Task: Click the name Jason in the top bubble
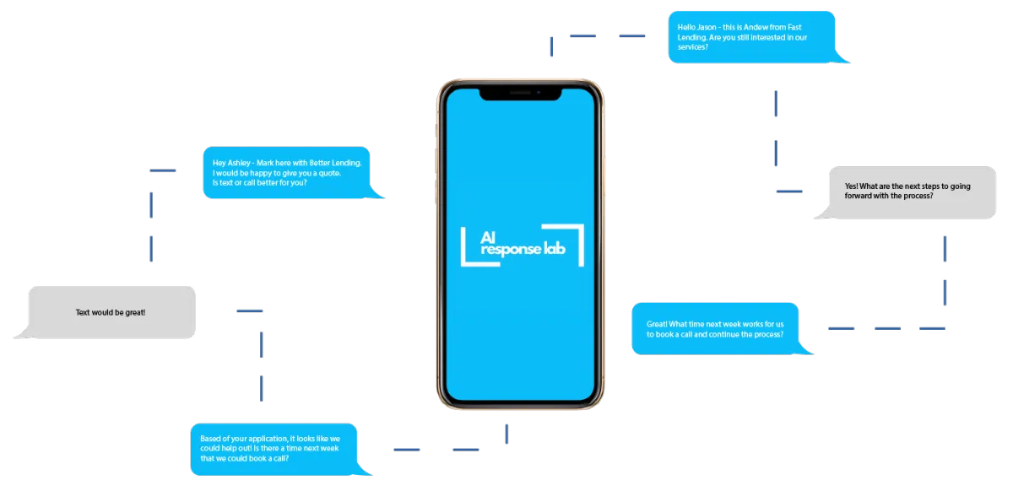707,28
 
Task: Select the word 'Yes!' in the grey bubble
851,186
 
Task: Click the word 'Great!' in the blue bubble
657,324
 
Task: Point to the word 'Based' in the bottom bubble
210,439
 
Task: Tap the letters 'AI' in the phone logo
488,237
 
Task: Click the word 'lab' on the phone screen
555,248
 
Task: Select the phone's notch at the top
521,94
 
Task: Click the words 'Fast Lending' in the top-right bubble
742,32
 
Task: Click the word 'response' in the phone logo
511,250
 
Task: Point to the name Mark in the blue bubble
265,163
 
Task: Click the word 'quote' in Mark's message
328,174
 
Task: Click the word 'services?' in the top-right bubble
692,47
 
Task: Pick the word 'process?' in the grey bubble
918,197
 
